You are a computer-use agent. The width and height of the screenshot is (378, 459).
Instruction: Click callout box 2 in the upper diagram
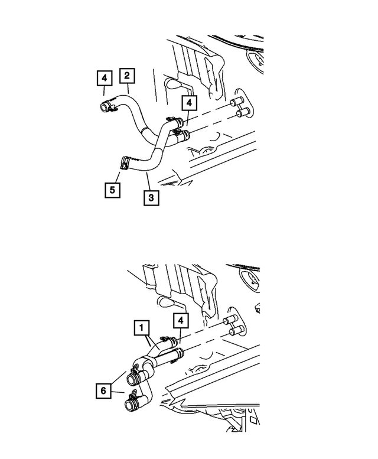126,76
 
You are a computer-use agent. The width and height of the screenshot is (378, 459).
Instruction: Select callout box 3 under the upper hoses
151,197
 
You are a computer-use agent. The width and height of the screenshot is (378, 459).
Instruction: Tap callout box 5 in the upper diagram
110,190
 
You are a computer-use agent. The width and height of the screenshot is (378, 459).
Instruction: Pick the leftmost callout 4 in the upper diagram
104,77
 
